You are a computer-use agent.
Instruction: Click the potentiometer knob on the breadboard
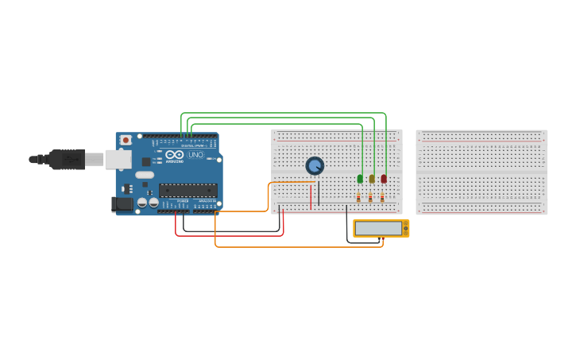(x=315, y=165)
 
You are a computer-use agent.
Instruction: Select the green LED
(x=360, y=179)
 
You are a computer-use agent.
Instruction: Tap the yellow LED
(x=371, y=179)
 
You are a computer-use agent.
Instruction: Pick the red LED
(x=384, y=179)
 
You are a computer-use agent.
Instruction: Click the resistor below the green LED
(x=358, y=197)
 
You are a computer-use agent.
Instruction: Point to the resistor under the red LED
(x=382, y=197)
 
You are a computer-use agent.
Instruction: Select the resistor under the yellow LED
(x=370, y=197)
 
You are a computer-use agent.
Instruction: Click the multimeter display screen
(x=378, y=228)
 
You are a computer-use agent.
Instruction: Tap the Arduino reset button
(x=125, y=141)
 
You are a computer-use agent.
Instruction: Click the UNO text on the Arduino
(x=195, y=154)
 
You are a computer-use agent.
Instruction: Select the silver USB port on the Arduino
(x=118, y=160)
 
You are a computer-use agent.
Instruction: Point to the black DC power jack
(x=122, y=204)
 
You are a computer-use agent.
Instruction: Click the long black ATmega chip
(x=187, y=190)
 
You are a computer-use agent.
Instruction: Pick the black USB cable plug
(x=68, y=159)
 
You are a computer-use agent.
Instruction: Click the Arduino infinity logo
(x=176, y=154)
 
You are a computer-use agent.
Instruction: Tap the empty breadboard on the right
(x=481, y=172)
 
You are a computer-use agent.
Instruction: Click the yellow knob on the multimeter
(x=405, y=229)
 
